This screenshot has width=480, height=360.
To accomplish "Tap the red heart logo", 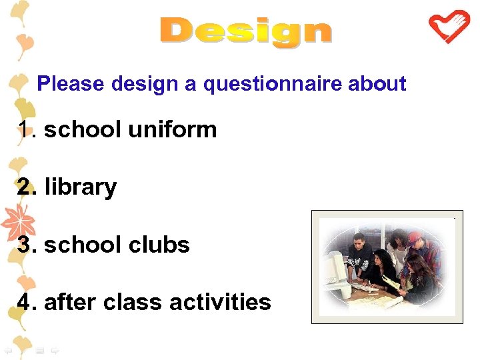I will pos(448,26).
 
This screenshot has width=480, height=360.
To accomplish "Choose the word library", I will pos(80,187).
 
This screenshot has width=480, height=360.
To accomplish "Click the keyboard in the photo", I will pos(363,287).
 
